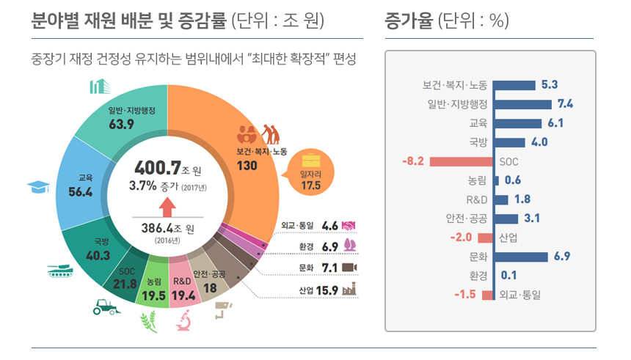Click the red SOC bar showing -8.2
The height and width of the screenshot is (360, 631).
pos(462,161)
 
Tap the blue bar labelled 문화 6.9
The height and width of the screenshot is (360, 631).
pos(522,257)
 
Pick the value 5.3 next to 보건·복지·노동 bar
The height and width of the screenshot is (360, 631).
pos(550,84)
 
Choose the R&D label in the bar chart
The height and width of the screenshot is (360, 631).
pos(477,199)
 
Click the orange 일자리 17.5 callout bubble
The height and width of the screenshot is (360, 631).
pos(311,173)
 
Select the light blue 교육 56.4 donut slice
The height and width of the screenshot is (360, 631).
pos(80,185)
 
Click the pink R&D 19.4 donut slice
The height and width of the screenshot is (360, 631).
pos(182,281)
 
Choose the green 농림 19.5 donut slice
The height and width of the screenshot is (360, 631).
pos(153,282)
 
